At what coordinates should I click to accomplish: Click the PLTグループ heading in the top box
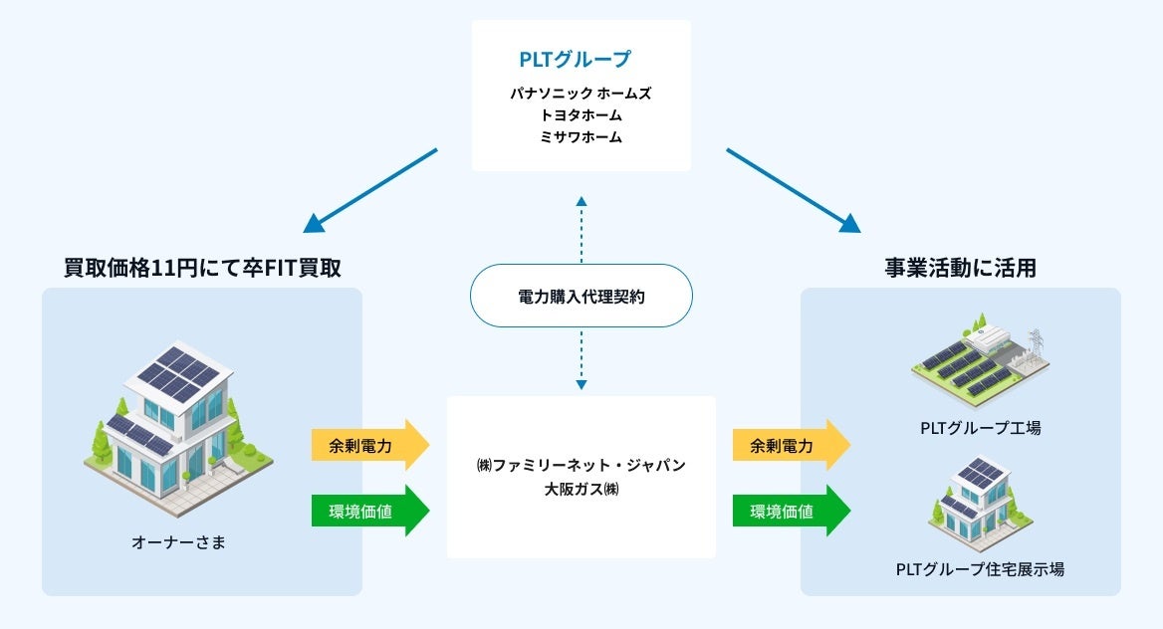pyautogui.click(x=575, y=59)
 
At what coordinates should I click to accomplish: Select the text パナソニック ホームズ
pyautogui.click(x=581, y=94)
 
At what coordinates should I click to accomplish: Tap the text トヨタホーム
pyautogui.click(x=581, y=115)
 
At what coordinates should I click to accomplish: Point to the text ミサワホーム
pyautogui.click(x=581, y=136)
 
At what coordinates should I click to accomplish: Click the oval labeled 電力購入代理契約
pyautogui.click(x=581, y=296)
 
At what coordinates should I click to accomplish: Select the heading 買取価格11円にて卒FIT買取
pyautogui.click(x=202, y=268)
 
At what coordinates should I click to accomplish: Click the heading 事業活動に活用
pyautogui.click(x=961, y=268)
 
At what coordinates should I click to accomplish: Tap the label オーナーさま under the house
pyautogui.click(x=178, y=542)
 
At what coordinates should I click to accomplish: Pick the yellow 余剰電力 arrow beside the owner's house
pyautogui.click(x=370, y=445)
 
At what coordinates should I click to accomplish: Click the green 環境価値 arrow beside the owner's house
pyautogui.click(x=370, y=511)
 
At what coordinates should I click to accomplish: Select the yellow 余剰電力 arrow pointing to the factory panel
pyautogui.click(x=792, y=445)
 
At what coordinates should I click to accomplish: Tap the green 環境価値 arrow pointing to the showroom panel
pyautogui.click(x=792, y=511)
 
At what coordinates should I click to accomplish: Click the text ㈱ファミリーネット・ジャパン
pyautogui.click(x=581, y=465)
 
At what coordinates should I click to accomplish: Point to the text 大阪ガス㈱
pyautogui.click(x=581, y=489)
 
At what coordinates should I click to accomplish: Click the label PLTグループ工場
pyautogui.click(x=981, y=428)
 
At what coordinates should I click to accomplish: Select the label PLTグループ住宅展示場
pyautogui.click(x=981, y=569)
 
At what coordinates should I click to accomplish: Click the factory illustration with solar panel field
pyautogui.click(x=981, y=359)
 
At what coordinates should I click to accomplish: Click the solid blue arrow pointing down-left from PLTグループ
pyautogui.click(x=370, y=190)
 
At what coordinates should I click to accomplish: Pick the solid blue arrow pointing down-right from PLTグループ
pyautogui.click(x=794, y=190)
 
